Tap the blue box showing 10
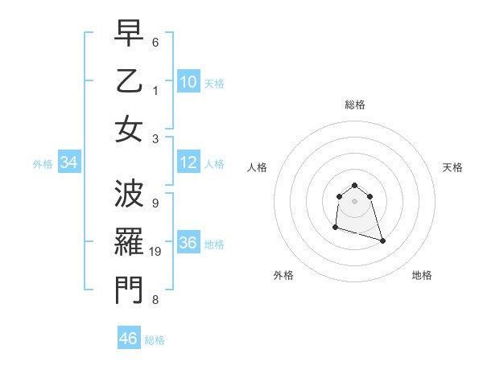[188, 82]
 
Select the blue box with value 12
[188, 163]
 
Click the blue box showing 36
[188, 244]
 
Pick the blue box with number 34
[68, 163]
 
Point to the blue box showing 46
[129, 339]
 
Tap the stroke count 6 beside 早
[155, 41]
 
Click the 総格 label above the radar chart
[355, 105]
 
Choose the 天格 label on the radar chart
[452, 167]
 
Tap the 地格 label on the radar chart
[422, 275]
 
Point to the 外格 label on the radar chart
[283, 275]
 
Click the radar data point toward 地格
[382, 240]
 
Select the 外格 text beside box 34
[43, 164]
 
